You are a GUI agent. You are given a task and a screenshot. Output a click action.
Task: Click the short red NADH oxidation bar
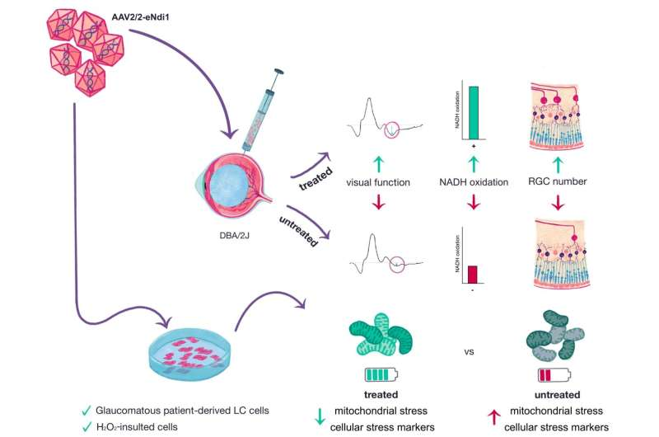474,274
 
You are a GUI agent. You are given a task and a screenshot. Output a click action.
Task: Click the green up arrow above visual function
380,162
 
